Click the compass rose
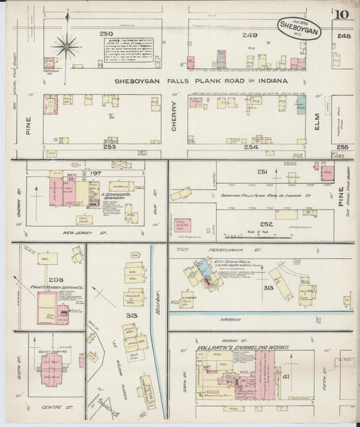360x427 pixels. pyautogui.click(x=67, y=47)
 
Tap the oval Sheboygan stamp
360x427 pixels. pyautogui.click(x=299, y=28)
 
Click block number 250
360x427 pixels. pyautogui.click(x=105, y=34)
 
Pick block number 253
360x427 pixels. pyautogui.click(x=109, y=147)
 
